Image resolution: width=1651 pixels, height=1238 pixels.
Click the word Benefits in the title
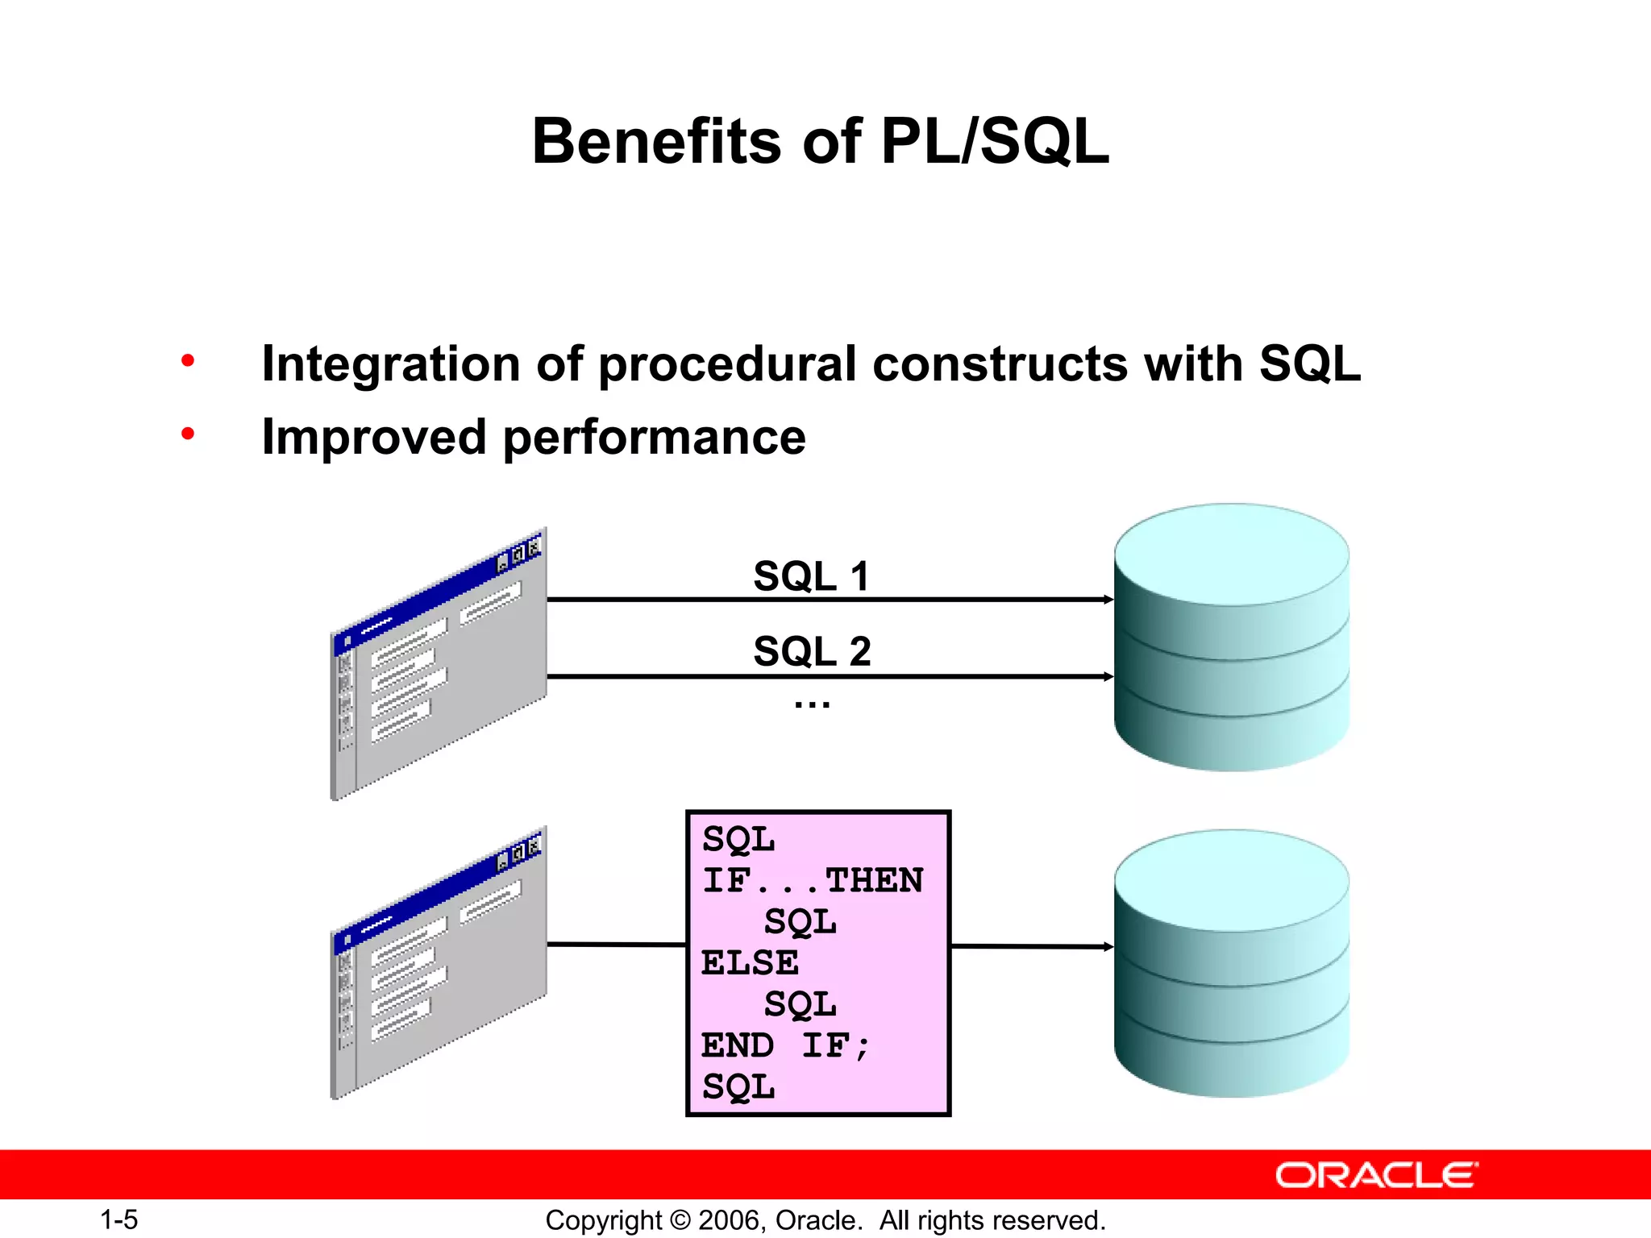click(656, 142)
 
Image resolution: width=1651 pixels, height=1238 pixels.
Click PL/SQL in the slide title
click(994, 142)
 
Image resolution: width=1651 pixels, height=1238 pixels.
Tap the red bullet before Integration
click(188, 360)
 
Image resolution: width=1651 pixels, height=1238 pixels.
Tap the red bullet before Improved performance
click(188, 434)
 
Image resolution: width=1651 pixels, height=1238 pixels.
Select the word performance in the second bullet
click(654, 438)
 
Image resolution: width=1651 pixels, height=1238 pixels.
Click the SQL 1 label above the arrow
click(811, 576)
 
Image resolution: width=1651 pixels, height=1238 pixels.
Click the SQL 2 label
click(812, 651)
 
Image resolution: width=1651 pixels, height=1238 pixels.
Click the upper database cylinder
click(1231, 637)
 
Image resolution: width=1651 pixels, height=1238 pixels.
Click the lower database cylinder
click(1231, 963)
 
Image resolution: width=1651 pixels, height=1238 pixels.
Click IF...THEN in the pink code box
click(812, 880)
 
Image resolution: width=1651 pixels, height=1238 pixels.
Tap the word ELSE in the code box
click(750, 963)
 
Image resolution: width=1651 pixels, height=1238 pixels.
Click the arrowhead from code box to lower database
click(1108, 947)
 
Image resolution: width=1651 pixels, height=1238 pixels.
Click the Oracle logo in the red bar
click(1376, 1175)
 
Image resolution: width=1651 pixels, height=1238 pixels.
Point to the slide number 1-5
click(119, 1219)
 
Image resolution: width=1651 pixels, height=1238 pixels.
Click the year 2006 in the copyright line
click(729, 1220)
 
